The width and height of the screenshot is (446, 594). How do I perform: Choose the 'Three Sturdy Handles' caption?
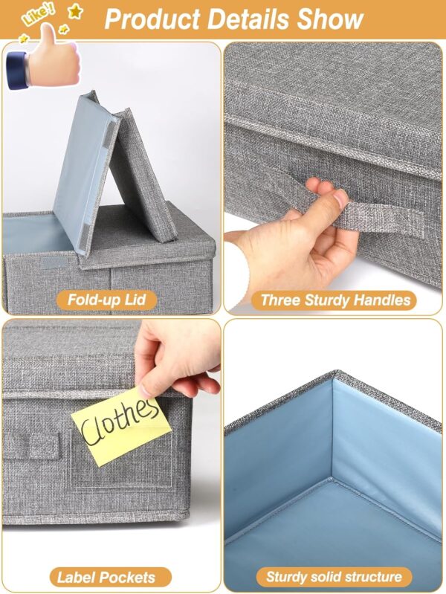tap(335, 300)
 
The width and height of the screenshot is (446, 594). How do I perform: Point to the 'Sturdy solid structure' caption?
tap(335, 577)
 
